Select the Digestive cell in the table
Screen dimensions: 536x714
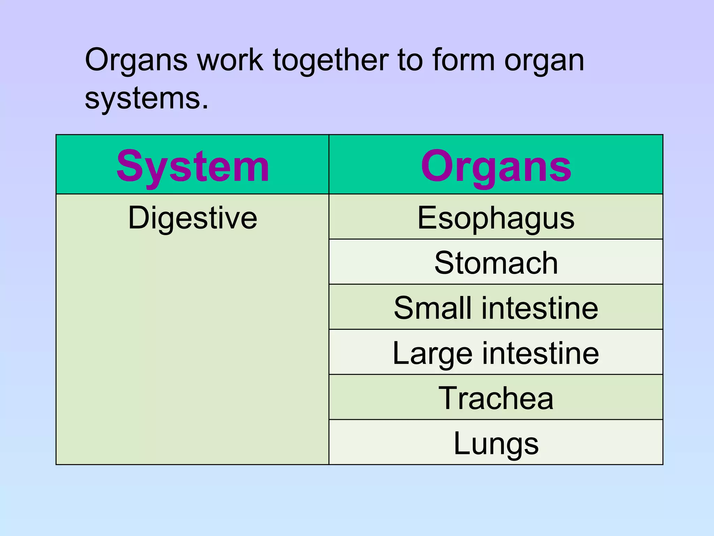click(192, 218)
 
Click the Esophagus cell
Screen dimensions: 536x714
click(496, 218)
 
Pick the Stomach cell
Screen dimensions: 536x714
click(496, 263)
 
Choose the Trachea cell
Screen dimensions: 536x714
click(496, 398)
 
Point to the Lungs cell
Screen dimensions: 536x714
click(496, 443)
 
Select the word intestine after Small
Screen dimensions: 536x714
click(540, 308)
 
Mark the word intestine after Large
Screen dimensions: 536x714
click(541, 353)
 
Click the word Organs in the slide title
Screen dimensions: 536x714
click(136, 60)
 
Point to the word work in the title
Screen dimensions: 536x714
click(230, 60)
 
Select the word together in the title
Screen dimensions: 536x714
click(331, 60)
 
